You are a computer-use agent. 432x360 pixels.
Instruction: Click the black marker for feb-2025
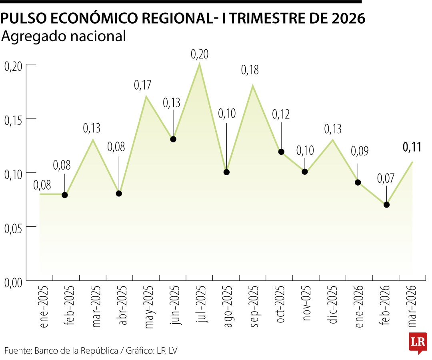click(x=65, y=195)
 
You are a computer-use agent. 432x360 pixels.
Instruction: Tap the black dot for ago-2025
click(x=226, y=172)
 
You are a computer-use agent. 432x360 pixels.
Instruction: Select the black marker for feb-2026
click(x=386, y=204)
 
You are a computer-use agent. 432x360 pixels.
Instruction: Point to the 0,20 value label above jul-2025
click(x=200, y=54)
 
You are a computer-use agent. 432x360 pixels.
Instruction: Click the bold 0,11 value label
click(x=412, y=147)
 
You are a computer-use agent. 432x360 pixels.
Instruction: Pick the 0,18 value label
click(x=250, y=70)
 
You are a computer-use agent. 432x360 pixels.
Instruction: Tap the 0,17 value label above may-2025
click(x=143, y=85)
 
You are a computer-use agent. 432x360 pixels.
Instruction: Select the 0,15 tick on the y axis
click(x=13, y=119)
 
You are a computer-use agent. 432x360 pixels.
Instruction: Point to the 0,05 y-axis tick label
click(x=13, y=227)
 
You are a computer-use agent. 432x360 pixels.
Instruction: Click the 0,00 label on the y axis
click(x=13, y=282)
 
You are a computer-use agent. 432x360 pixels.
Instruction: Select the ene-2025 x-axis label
click(x=44, y=307)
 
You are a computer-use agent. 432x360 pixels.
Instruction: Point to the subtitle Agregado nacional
click(x=64, y=36)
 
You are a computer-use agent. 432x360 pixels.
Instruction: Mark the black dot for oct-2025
click(x=281, y=152)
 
